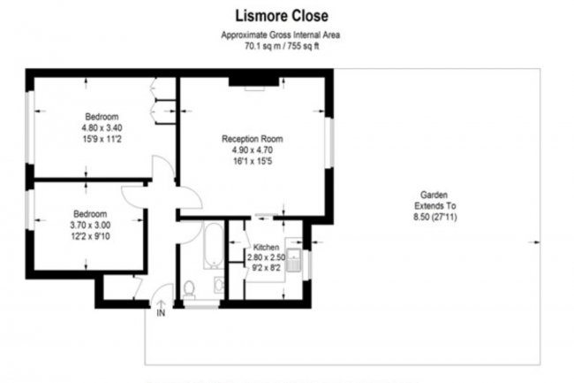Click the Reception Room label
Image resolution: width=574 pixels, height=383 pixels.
[253, 139]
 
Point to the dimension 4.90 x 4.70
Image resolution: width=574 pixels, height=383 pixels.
[253, 150]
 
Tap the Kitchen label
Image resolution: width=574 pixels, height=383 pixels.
[266, 247]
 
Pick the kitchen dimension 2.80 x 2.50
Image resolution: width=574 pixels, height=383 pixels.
[266, 257]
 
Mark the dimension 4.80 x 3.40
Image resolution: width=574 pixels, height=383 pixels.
[102, 127]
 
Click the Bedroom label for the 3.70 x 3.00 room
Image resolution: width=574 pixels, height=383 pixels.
[90, 213]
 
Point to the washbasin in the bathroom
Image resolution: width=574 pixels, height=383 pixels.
[217, 285]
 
